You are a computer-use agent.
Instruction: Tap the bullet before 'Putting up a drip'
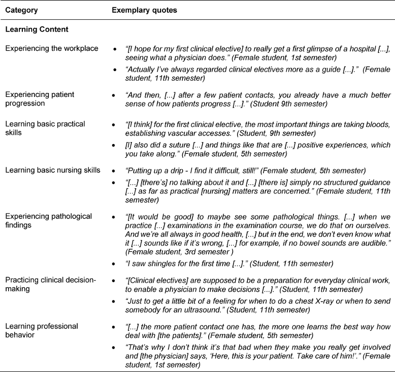[116, 184]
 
